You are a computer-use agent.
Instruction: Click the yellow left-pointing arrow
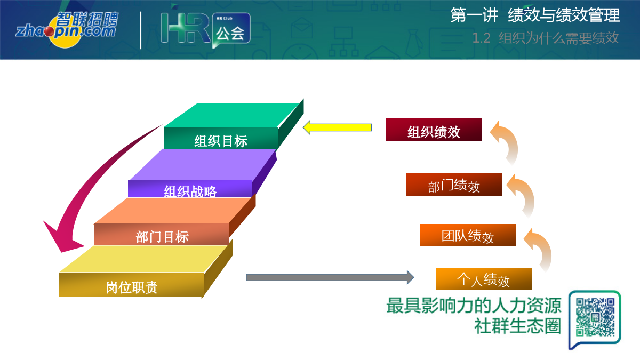[337, 127]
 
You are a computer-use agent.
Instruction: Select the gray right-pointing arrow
[330, 277]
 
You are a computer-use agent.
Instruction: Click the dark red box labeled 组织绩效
[434, 130]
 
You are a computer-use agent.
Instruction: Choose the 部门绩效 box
[454, 185]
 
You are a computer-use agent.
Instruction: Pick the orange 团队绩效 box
[468, 235]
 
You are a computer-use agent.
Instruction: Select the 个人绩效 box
[483, 279]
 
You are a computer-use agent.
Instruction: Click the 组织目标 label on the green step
[221, 141]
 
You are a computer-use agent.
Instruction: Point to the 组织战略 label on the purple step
[190, 191]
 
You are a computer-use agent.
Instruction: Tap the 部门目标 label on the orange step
[162, 237]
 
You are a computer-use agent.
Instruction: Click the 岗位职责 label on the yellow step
[132, 287]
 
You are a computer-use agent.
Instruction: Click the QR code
[595, 317]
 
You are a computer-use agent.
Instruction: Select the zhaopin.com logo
[67, 29]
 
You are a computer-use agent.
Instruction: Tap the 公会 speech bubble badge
[231, 30]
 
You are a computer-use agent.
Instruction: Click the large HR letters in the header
[186, 28]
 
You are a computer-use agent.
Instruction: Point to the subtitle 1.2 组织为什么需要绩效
[545, 38]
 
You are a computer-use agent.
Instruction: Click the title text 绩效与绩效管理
[564, 15]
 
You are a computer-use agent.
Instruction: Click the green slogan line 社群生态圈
[518, 326]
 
